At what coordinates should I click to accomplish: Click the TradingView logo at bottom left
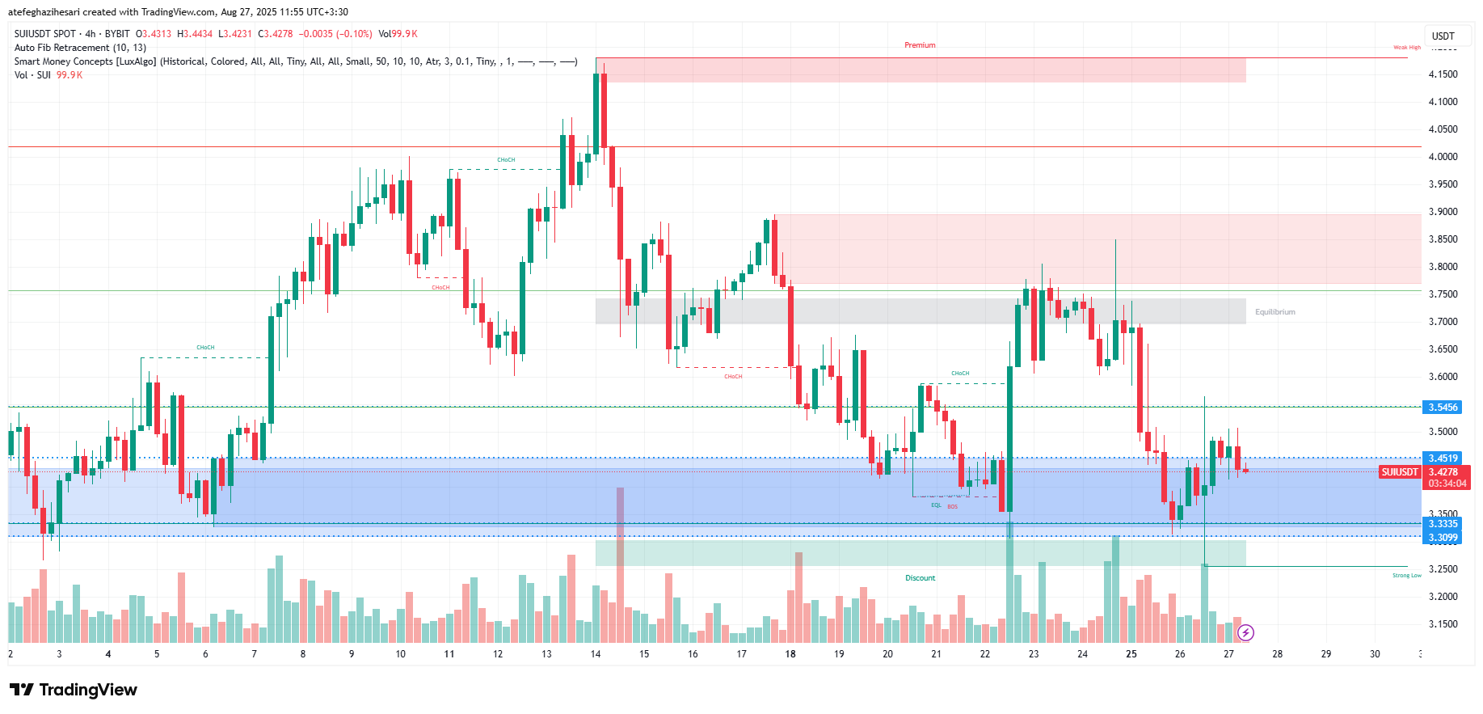pos(74,690)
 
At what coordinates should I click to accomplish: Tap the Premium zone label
pos(920,45)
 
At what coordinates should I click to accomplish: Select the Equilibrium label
pos(1274,312)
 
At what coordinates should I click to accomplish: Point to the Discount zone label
pos(920,578)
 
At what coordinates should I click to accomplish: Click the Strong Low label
pos(1406,576)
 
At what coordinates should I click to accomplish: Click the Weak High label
pos(1406,48)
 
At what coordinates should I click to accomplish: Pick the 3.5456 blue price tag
pos(1443,408)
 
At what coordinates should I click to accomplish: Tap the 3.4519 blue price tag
pos(1443,458)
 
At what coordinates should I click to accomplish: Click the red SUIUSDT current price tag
pos(1400,472)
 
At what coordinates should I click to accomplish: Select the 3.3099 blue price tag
pos(1443,538)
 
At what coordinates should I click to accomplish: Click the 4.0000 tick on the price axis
pos(1443,157)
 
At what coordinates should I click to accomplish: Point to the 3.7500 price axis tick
pos(1443,294)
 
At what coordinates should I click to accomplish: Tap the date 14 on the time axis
pos(596,654)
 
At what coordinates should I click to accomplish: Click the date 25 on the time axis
pos(1131,654)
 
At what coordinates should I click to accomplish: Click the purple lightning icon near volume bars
pos(1245,632)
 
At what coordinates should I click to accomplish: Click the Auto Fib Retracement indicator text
pos(80,48)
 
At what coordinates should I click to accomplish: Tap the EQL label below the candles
pos(936,505)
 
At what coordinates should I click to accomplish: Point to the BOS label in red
pos(953,507)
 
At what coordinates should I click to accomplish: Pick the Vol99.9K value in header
pos(398,34)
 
